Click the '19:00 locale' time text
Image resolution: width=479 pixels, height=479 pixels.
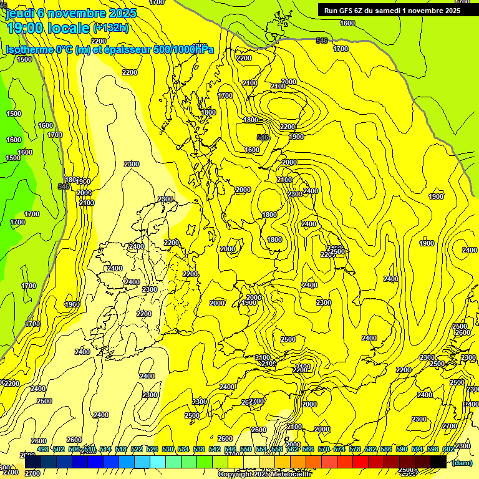point(47,28)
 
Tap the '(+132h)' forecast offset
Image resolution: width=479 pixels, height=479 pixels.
point(111,27)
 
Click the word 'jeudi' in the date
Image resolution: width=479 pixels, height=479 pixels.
point(19,12)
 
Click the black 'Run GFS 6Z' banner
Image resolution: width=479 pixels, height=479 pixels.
point(392,10)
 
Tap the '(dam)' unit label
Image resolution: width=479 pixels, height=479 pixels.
point(462,463)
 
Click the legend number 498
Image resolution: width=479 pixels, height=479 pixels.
point(43,449)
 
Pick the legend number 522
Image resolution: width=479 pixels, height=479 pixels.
point(137,449)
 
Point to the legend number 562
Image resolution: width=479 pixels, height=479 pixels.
point(293,449)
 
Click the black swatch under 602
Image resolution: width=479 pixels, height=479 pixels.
point(438,462)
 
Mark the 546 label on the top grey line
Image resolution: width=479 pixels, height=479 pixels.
point(322,41)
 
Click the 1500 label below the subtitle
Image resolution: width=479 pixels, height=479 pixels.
point(24,59)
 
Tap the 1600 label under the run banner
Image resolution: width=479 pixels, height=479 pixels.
point(347,23)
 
